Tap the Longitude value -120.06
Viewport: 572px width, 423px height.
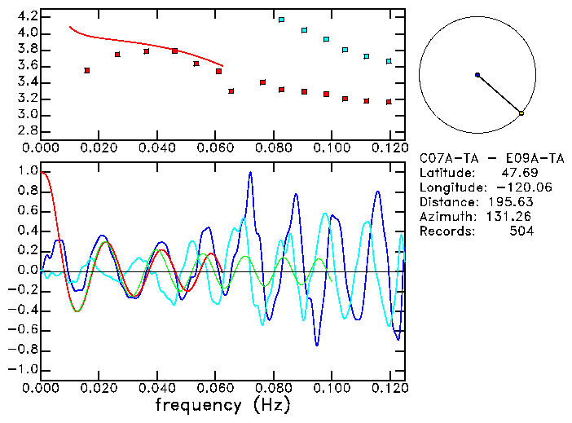pyautogui.click(x=513, y=187)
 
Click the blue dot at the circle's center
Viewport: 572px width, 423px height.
pyautogui.click(x=477, y=75)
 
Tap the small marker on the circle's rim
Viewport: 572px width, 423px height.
pyautogui.click(x=521, y=113)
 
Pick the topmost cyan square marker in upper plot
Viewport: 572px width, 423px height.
pyautogui.click(x=281, y=20)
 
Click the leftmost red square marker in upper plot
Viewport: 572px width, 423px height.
pyautogui.click(x=87, y=71)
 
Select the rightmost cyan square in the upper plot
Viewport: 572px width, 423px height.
pyautogui.click(x=389, y=61)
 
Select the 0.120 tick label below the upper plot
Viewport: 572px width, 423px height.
pyautogui.click(x=389, y=148)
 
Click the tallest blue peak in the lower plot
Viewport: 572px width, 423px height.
pyautogui.click(x=250, y=173)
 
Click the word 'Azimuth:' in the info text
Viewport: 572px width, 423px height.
pyautogui.click(x=446, y=217)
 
